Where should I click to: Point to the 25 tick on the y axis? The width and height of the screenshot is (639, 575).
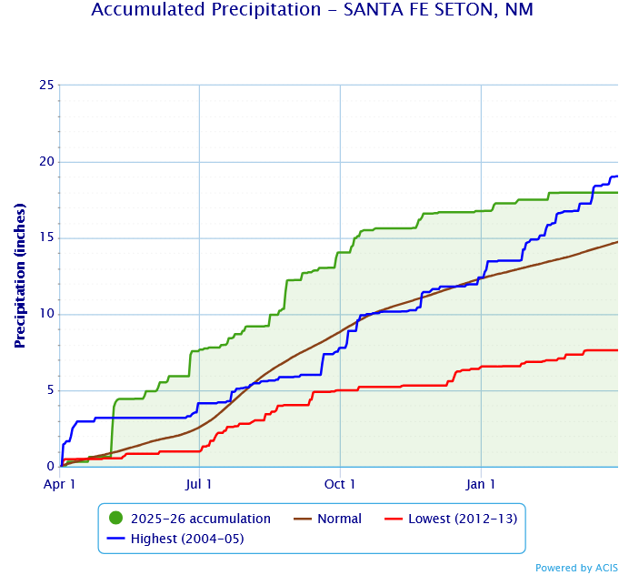[45, 86]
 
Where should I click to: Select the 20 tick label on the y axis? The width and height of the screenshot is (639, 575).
[45, 162]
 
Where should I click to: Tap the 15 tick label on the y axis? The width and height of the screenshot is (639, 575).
[45, 238]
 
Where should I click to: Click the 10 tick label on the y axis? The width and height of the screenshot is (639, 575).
[45, 315]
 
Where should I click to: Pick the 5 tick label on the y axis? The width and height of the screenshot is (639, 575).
[49, 391]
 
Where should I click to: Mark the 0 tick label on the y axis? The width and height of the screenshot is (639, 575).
[49, 467]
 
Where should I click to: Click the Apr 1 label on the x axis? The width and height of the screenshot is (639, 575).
[60, 484]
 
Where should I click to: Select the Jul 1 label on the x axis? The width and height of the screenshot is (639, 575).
[199, 484]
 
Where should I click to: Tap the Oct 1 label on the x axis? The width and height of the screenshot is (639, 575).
[340, 484]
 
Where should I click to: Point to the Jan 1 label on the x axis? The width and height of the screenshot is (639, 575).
[481, 484]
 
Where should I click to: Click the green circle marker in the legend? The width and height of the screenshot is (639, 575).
[115, 519]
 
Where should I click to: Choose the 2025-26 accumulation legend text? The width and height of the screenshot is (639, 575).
[201, 519]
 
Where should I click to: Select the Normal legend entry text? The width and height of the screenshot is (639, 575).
[339, 519]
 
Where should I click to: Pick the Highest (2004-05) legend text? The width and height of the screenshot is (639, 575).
[188, 539]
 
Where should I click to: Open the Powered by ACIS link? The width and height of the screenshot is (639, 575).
[576, 568]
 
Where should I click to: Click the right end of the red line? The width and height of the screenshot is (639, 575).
[617, 350]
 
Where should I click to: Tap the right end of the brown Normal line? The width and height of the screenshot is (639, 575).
[617, 242]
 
